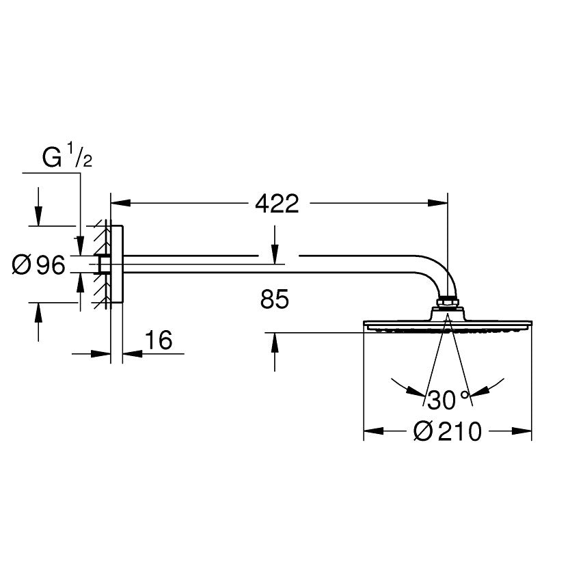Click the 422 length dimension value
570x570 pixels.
point(277,203)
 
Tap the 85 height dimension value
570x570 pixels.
point(275,299)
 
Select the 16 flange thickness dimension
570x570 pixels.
point(159,340)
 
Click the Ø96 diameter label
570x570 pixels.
point(38,265)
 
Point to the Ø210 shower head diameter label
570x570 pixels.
point(448,431)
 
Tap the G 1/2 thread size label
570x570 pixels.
point(67,158)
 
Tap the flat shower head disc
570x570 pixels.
point(447,324)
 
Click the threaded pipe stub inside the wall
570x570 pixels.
point(105,265)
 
